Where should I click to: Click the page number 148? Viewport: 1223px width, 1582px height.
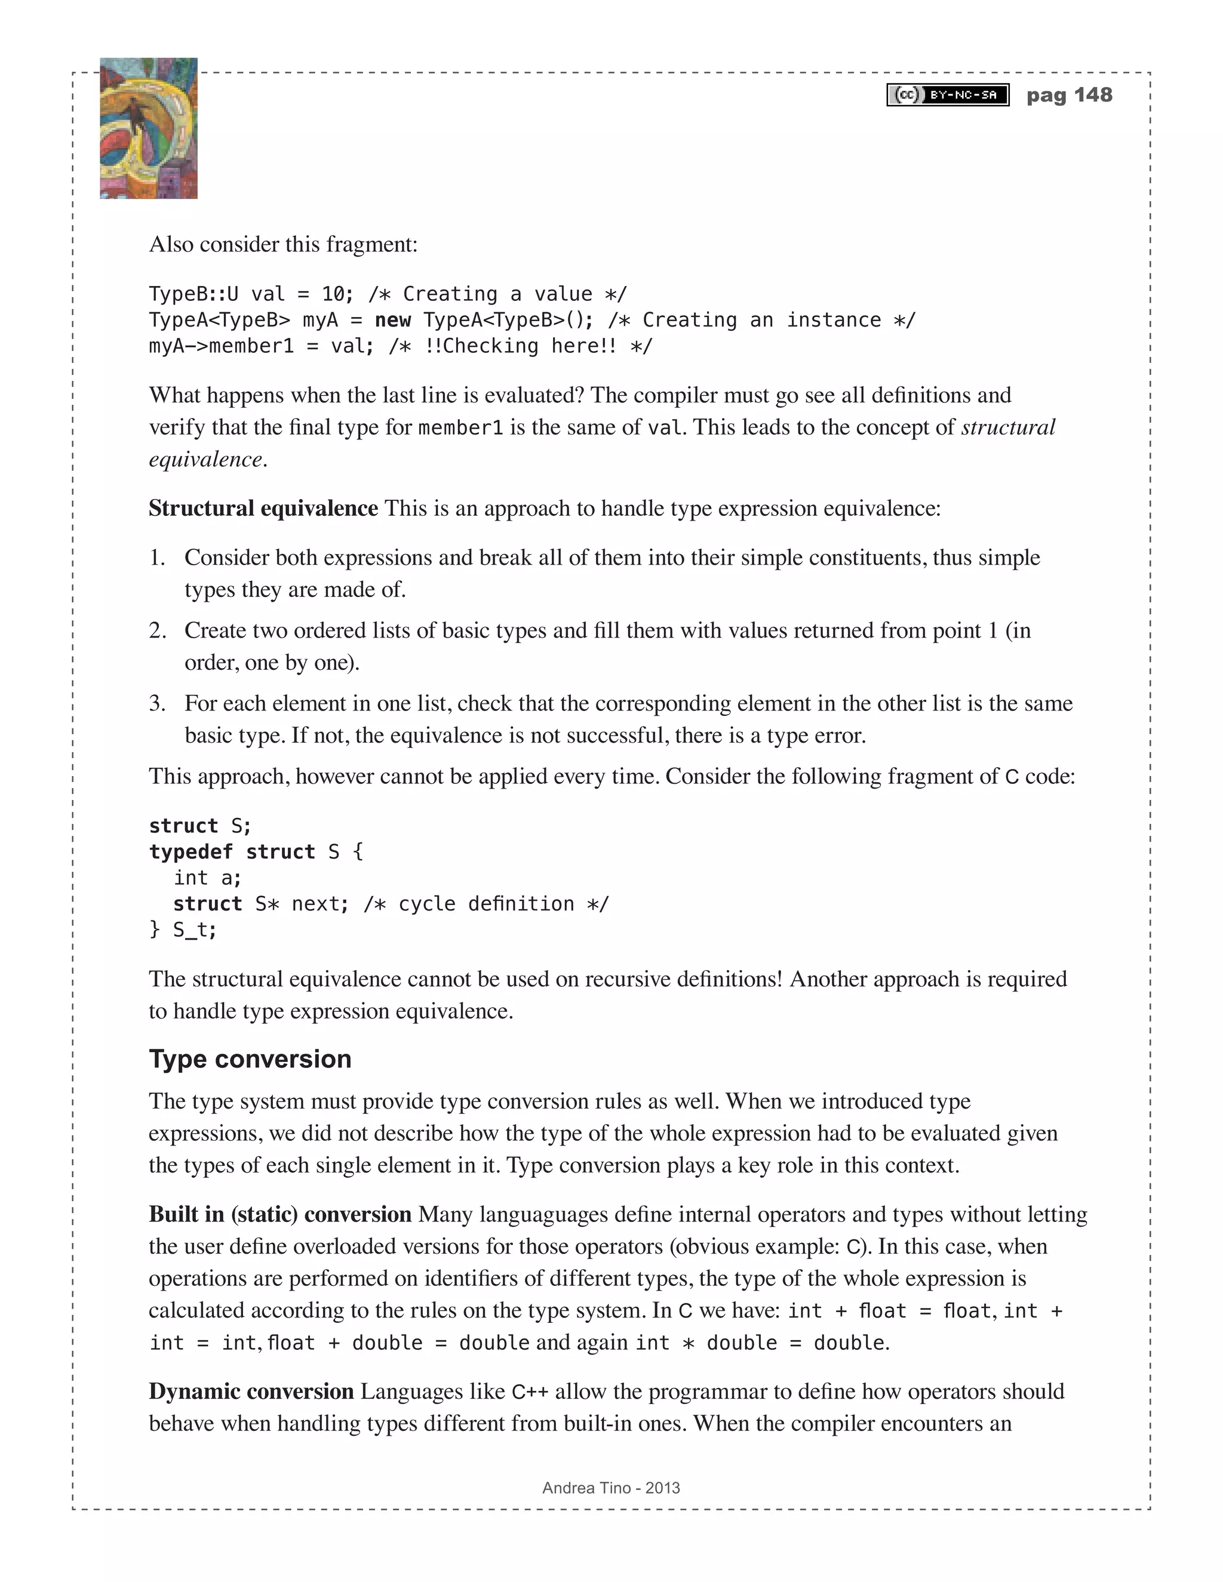[1093, 95]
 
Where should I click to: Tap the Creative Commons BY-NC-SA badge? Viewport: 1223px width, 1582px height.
[948, 95]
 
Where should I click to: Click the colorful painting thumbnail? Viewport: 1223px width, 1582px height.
[149, 128]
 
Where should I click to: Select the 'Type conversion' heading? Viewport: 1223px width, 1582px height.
[250, 1059]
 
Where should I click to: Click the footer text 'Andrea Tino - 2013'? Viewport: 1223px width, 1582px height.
[611, 1488]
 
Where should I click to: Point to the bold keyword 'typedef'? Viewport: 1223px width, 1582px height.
[191, 852]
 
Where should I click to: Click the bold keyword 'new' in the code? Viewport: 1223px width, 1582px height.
[393, 320]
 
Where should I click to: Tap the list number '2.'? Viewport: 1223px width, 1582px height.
[157, 630]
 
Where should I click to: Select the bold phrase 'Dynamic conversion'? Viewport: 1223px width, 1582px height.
[251, 1391]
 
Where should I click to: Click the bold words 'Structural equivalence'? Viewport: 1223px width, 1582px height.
[263, 509]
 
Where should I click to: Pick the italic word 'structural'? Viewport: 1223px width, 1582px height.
[1008, 427]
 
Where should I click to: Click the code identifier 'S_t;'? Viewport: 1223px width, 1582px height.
[194, 930]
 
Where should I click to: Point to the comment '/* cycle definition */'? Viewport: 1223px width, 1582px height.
[486, 904]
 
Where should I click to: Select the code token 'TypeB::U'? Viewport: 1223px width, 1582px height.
[193, 294]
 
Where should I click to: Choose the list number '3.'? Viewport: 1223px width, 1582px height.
[157, 703]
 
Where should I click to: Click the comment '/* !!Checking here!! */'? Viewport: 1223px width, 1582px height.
[520, 346]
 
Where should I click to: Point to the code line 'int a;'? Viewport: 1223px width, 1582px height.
[207, 878]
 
